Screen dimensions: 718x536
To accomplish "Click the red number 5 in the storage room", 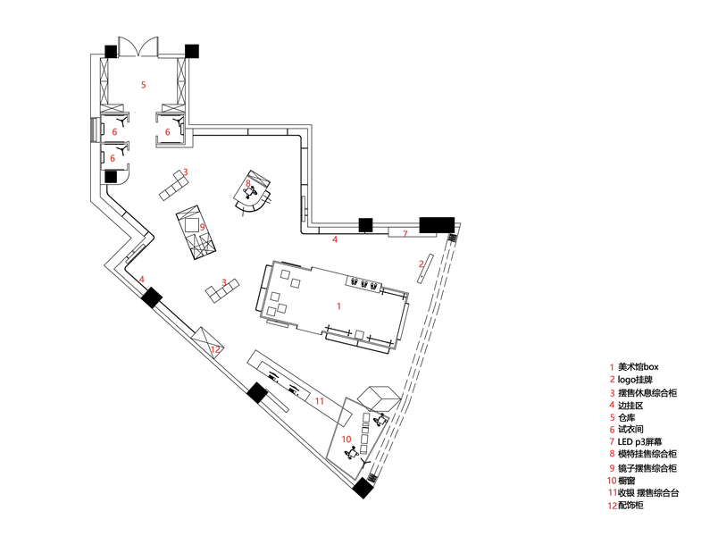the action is point(143,85).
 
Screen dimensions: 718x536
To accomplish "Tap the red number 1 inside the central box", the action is point(338,306).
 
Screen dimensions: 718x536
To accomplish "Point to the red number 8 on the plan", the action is point(248,184).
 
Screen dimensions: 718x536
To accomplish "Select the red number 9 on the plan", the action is point(203,227).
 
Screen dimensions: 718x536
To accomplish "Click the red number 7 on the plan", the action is point(405,233).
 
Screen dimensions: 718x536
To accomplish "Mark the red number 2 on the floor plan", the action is point(421,264).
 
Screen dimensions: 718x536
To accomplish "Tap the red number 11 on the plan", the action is point(319,402).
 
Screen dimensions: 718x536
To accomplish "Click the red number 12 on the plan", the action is point(215,350).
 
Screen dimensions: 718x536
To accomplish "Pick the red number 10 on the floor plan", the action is point(346,439).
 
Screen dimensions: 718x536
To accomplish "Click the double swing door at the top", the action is point(138,44).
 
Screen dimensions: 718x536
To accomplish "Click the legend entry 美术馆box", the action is point(639,367).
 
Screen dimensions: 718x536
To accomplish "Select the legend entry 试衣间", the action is point(630,430).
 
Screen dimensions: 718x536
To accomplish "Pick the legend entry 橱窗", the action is point(629,480).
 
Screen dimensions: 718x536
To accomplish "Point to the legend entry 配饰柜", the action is point(632,505).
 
